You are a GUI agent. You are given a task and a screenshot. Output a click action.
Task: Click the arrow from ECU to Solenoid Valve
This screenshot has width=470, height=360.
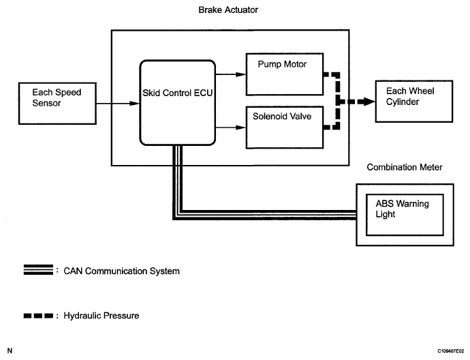[x=231, y=126]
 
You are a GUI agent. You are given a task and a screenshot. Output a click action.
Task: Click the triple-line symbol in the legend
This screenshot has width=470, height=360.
[x=37, y=271]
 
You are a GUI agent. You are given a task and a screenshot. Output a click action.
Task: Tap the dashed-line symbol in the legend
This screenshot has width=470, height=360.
[x=37, y=316]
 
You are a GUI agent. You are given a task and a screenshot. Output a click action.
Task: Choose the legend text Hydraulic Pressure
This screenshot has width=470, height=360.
[x=101, y=316]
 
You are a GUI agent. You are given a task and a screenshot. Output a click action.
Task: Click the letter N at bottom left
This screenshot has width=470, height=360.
[x=9, y=350]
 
